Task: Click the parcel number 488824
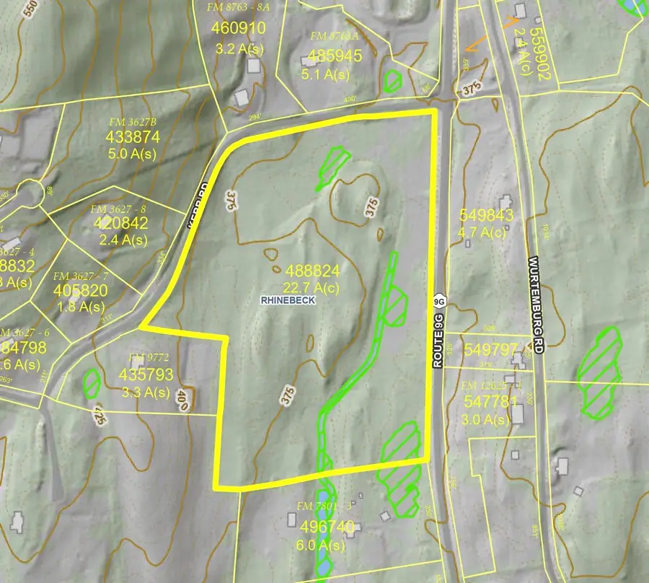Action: tap(313, 271)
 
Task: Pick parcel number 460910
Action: tap(240, 29)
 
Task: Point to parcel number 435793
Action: tap(149, 375)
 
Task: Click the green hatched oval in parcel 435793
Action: tap(91, 382)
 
